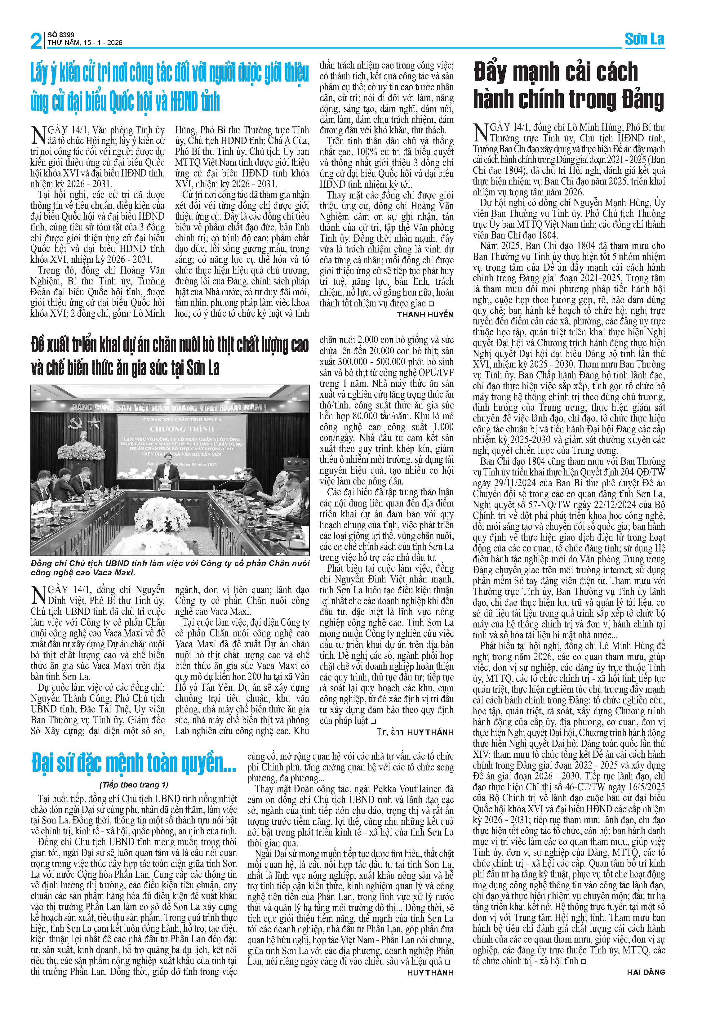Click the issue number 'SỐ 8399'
(x=61, y=34)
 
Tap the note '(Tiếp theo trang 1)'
(x=134, y=784)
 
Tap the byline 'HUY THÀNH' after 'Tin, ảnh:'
(x=430, y=732)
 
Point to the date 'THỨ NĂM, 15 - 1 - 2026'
(x=85, y=43)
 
